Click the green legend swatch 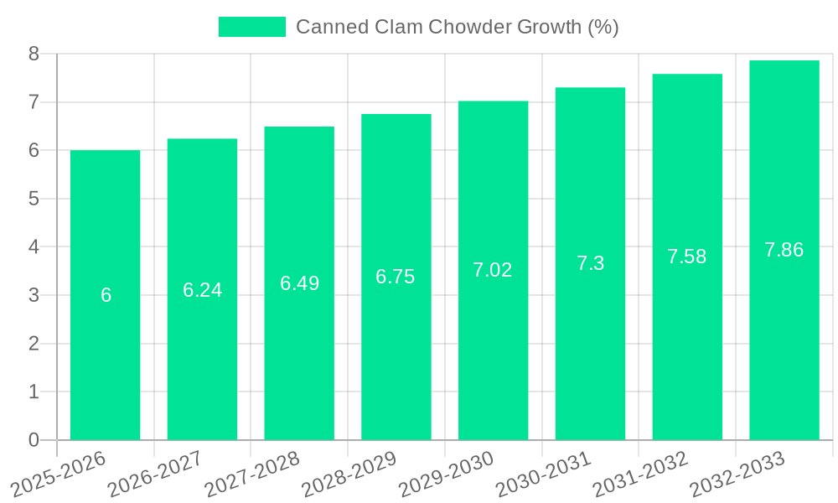251,27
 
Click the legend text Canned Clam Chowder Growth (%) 457,27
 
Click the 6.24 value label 202,290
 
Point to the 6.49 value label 299,283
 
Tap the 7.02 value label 493,270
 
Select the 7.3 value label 590,263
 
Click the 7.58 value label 686,257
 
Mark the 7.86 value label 784,250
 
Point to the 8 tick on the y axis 34,54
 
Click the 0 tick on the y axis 34,440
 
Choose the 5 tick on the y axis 34,199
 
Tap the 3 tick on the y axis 34,295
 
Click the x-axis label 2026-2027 155,474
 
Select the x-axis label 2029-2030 446,474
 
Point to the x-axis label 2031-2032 640,474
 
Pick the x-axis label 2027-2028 252,474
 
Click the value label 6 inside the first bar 106,295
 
